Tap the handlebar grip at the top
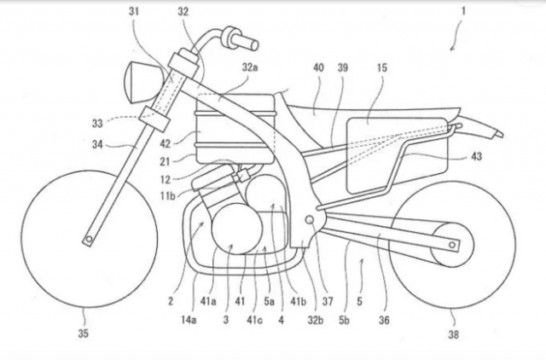tap(245, 40)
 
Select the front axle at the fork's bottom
tap(89, 241)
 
